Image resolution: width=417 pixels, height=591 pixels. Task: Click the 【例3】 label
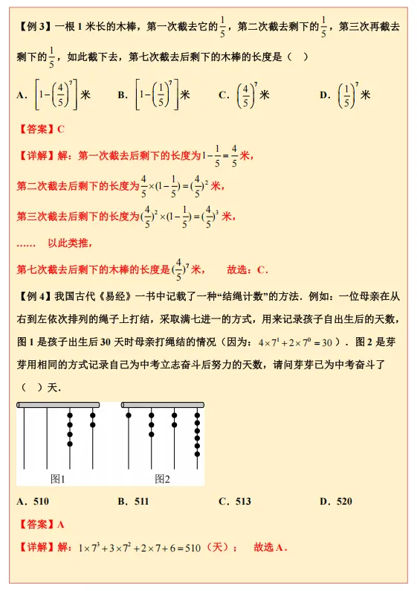coord(32,27)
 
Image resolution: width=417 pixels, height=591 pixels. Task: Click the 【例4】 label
coord(32,296)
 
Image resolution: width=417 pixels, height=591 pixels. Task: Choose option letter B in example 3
coord(122,95)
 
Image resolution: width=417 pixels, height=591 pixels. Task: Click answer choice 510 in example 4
coord(41,502)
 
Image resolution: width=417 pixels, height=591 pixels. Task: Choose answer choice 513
coord(242,502)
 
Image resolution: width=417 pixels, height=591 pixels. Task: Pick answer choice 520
coord(344,502)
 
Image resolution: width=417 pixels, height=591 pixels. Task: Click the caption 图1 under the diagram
coord(59,479)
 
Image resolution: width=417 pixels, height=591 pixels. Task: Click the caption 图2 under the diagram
coord(162,479)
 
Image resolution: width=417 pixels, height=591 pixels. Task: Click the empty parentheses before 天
coord(33,388)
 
